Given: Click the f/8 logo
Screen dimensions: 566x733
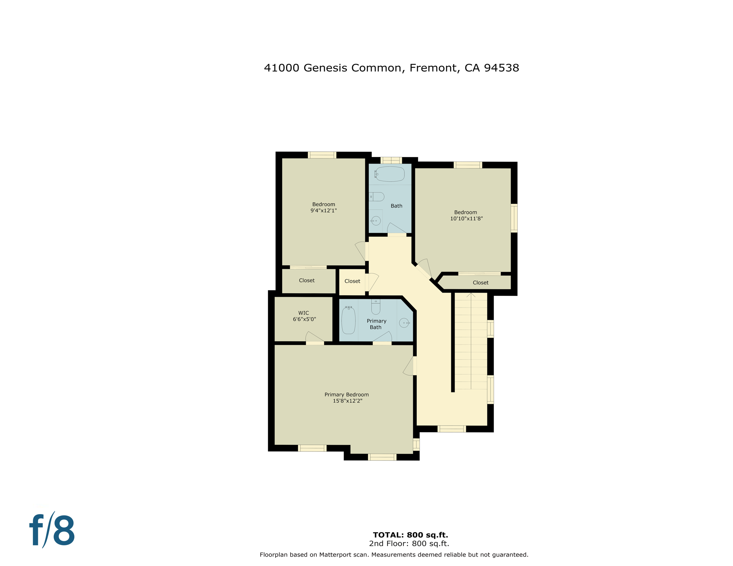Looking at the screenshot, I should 52,530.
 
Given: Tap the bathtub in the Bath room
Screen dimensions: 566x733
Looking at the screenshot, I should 390,174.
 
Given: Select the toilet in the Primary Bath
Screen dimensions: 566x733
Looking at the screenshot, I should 376,307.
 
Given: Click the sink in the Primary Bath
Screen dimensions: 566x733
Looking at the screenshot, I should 404,323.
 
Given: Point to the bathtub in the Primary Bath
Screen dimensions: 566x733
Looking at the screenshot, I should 348,320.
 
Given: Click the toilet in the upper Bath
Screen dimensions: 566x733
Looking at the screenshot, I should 377,197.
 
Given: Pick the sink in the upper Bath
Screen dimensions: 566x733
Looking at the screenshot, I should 376,221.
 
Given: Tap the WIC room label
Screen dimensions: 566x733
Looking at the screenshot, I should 303,313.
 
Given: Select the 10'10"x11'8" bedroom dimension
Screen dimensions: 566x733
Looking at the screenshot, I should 466,219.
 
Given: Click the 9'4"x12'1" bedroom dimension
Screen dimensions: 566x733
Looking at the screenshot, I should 323,211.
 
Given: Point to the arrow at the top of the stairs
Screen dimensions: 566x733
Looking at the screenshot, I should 471,295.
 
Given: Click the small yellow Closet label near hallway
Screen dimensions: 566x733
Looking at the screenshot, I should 352,281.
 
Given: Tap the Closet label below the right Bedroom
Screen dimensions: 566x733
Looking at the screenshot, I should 480,283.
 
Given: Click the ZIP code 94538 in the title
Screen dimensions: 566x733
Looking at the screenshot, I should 501,68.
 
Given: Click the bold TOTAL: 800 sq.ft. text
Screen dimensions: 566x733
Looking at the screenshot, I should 410,535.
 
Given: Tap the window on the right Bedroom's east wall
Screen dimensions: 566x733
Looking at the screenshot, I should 514,218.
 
